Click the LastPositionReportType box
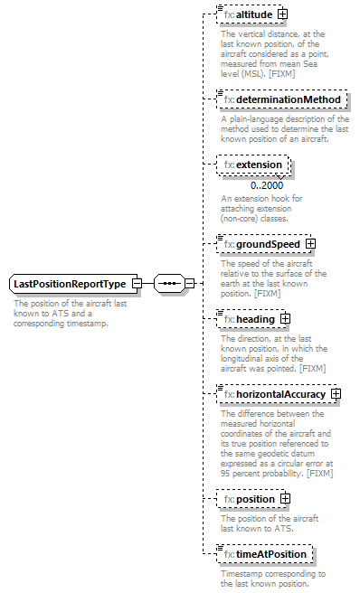click(x=69, y=284)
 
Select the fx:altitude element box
click(x=250, y=14)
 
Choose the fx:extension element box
click(x=254, y=165)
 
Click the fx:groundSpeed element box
click(x=263, y=243)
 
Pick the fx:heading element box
click(x=250, y=318)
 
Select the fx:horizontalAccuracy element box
click(x=276, y=393)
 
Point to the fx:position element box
click(x=251, y=498)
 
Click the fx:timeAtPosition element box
click(x=266, y=553)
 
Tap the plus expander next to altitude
click(x=283, y=14)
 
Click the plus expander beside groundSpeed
click(x=310, y=243)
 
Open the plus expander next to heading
click(x=284, y=318)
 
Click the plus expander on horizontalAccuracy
click(x=336, y=393)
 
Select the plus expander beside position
click(x=285, y=498)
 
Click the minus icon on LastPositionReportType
click(x=136, y=284)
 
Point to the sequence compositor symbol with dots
click(x=168, y=283)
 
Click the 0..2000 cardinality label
click(x=242, y=186)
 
